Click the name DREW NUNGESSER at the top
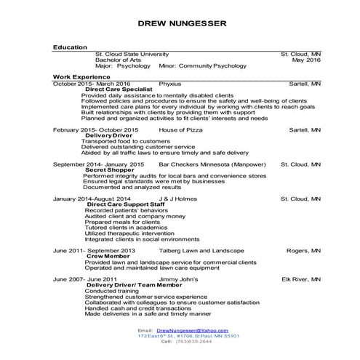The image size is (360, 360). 181,24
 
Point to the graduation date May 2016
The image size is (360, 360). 306,60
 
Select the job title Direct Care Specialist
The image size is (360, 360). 119,89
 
